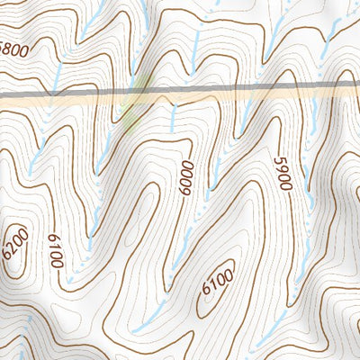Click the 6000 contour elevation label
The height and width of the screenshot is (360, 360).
186,181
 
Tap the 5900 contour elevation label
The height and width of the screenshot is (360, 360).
284,173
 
